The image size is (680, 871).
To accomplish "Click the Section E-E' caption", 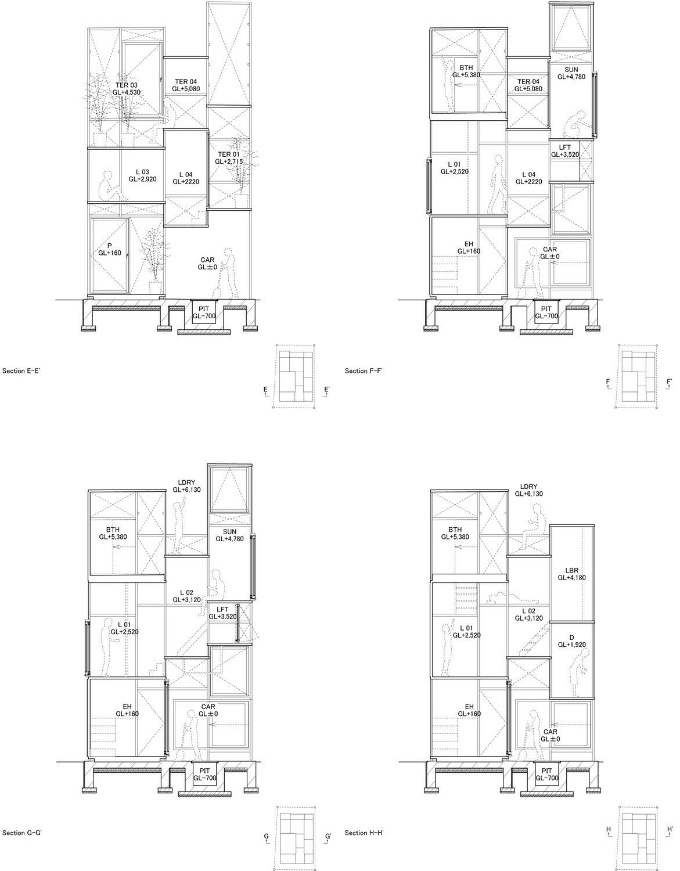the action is click(21, 371).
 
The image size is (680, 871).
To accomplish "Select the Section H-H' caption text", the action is click(364, 833).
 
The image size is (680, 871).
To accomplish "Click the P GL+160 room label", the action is click(109, 249).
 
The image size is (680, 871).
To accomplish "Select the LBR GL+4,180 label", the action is click(572, 574).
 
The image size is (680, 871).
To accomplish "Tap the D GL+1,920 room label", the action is click(572, 641).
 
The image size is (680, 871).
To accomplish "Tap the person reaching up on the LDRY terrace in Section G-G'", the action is click(179, 525).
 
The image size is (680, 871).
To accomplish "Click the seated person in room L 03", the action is click(111, 186).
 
